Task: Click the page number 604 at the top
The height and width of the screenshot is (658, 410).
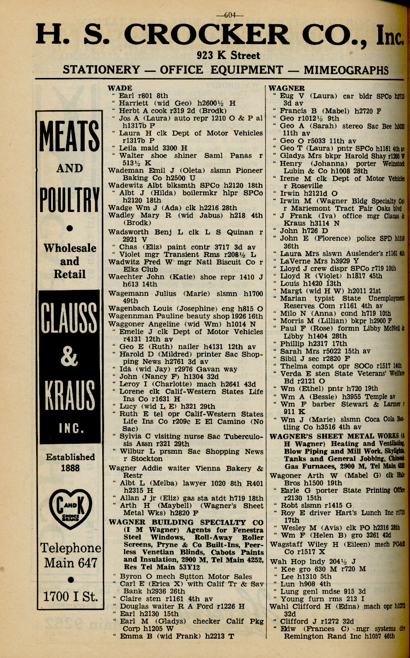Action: [230, 15]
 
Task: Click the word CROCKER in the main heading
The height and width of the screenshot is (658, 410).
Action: [207, 36]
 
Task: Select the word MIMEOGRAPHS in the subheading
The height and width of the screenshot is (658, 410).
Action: [346, 70]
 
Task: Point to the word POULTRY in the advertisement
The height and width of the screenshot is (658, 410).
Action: [70, 200]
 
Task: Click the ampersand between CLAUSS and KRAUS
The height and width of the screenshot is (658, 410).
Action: [69, 357]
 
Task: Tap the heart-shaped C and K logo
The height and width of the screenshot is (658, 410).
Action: [70, 507]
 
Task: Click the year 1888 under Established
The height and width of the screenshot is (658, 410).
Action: [70, 468]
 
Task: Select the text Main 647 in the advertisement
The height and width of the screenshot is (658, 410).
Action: [70, 563]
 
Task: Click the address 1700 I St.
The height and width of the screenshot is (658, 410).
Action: [70, 597]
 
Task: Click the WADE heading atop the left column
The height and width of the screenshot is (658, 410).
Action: [120, 88]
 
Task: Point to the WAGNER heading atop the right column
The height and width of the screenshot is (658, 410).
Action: [287, 88]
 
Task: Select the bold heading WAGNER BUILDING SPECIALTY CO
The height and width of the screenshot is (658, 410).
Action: [186, 522]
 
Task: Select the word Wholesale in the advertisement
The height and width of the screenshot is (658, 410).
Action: [70, 248]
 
